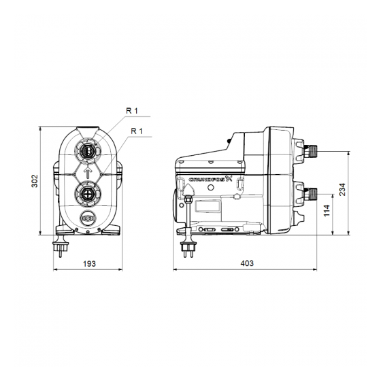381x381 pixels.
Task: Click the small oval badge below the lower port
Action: (x=88, y=220)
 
